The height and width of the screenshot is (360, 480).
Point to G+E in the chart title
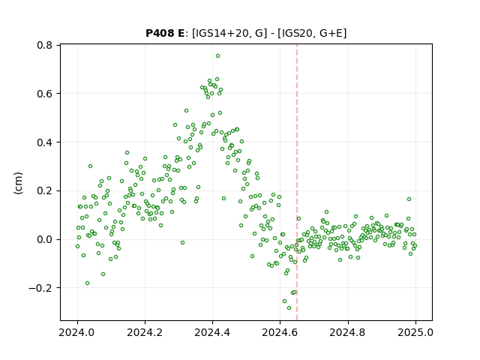tap(331, 33)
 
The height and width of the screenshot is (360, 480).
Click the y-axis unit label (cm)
tap(18, 183)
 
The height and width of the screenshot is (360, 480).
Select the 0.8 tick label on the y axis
tap(44, 45)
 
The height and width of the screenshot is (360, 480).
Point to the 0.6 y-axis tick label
tap(44, 94)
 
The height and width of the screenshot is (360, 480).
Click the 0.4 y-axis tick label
tap(44, 142)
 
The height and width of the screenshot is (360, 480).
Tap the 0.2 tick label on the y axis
tap(44, 190)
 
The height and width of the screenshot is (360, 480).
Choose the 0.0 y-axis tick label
tap(44, 239)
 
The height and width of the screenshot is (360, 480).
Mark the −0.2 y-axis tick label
tap(40, 288)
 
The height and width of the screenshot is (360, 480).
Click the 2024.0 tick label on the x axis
tap(77, 332)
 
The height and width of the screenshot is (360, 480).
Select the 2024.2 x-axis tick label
tap(145, 332)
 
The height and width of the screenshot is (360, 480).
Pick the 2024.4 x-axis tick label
tap(212, 332)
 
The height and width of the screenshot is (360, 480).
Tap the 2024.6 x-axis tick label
tap(280, 332)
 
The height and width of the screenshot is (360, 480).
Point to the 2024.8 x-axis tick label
tap(348, 332)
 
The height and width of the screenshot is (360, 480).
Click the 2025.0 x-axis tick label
tap(415, 332)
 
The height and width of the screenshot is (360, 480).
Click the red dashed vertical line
tap(297, 182)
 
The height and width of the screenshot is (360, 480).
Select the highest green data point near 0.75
tap(217, 56)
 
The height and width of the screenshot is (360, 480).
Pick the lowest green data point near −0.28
tap(289, 308)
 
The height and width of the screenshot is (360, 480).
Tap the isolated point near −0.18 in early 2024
tap(87, 283)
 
